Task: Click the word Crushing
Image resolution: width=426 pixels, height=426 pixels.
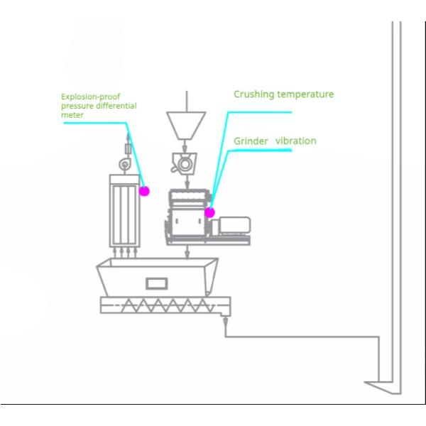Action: [253, 94]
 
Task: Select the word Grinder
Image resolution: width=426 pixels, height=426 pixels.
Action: [251, 141]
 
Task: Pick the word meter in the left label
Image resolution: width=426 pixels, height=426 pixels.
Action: [72, 115]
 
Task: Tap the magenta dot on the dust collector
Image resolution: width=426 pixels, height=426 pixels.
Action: [144, 190]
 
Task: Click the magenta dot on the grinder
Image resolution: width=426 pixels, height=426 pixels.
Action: [209, 212]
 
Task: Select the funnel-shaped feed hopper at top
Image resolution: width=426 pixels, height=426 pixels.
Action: [186, 125]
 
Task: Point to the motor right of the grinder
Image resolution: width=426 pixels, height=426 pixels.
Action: [234, 226]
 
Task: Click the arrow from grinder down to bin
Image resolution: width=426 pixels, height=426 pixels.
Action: [187, 252]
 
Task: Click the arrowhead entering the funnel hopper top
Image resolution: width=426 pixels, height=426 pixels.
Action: [186, 107]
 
